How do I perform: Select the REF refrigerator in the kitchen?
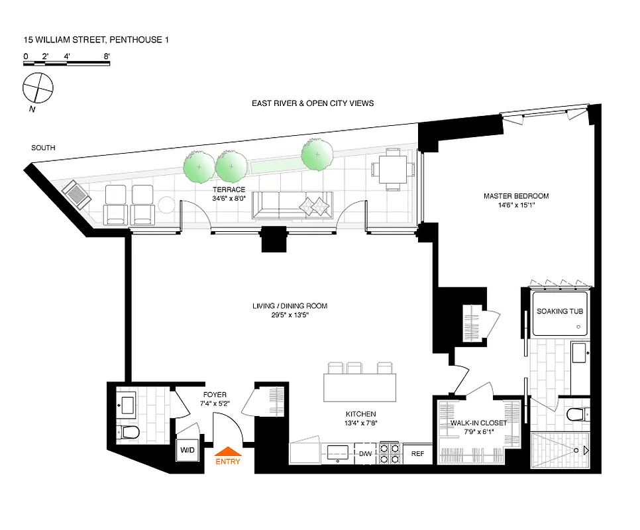(417, 454)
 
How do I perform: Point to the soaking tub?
(560, 311)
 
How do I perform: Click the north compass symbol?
(37, 88)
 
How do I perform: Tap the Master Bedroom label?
(516, 201)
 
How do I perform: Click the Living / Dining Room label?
(290, 311)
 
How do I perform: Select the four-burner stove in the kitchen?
(389, 452)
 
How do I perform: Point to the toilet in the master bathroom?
(578, 416)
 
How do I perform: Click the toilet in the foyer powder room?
(130, 433)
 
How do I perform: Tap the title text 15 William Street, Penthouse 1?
(97, 40)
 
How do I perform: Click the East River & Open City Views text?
(313, 103)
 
